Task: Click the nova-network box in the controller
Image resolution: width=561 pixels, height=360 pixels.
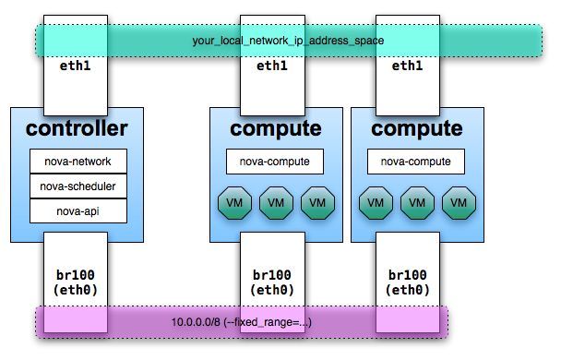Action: pyautogui.click(x=78, y=162)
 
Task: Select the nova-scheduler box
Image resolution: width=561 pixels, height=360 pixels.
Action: pyautogui.click(x=78, y=186)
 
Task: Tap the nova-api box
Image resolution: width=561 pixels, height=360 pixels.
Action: pyautogui.click(x=78, y=210)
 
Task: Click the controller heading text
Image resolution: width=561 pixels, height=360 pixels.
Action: pyautogui.click(x=77, y=128)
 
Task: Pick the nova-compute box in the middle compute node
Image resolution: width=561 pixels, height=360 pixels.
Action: pyautogui.click(x=275, y=162)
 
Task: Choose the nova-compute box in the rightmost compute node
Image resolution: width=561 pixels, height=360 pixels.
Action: pyautogui.click(x=416, y=162)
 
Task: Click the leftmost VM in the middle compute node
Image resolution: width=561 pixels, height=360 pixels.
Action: pyautogui.click(x=233, y=202)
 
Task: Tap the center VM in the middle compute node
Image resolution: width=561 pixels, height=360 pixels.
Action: pyautogui.click(x=275, y=202)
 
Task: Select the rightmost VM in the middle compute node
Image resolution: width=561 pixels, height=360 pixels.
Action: pyautogui.click(x=317, y=202)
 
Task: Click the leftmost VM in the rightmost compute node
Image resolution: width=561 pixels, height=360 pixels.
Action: pyautogui.click(x=375, y=202)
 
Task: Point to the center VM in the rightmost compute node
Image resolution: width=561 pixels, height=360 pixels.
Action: pyautogui.click(x=417, y=202)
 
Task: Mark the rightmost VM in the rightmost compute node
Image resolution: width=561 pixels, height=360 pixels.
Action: pyautogui.click(x=460, y=202)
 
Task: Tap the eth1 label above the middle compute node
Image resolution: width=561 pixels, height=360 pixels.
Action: pyautogui.click(x=271, y=66)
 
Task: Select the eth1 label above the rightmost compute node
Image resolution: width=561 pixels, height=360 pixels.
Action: pyautogui.click(x=407, y=66)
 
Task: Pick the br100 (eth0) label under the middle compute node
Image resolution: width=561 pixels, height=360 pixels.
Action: pyautogui.click(x=271, y=282)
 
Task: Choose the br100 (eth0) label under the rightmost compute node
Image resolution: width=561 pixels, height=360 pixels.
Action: pyautogui.click(x=407, y=282)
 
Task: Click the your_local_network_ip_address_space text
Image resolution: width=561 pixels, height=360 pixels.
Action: pyautogui.click(x=288, y=42)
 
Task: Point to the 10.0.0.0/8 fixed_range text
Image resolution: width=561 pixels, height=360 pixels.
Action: pyautogui.click(x=242, y=322)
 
